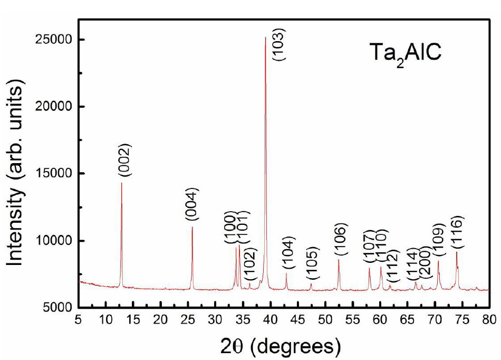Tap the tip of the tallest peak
click(265, 37)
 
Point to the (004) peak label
click(192, 204)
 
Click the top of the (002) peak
click(122, 183)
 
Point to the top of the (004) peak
click(192, 227)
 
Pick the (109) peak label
click(438, 240)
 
